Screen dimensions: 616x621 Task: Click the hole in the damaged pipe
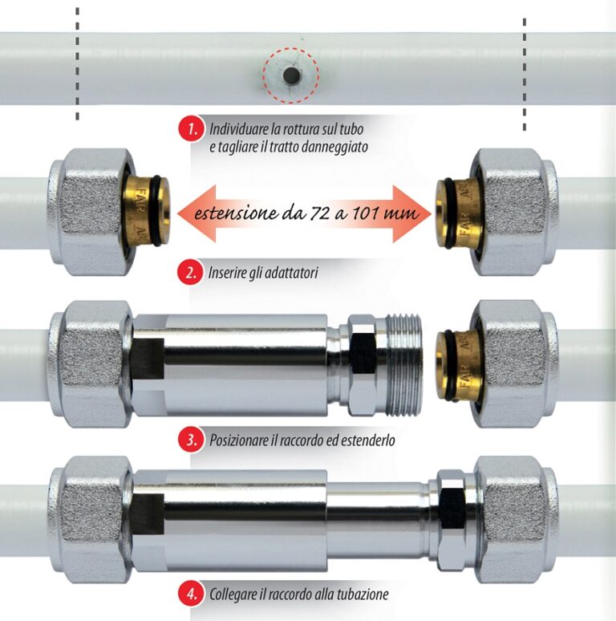291,75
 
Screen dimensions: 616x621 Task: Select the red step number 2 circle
190,273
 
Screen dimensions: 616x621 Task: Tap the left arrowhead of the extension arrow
197,214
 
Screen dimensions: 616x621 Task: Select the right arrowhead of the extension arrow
411,214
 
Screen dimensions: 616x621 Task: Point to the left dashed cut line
78,63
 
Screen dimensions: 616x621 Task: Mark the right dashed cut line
525,74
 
